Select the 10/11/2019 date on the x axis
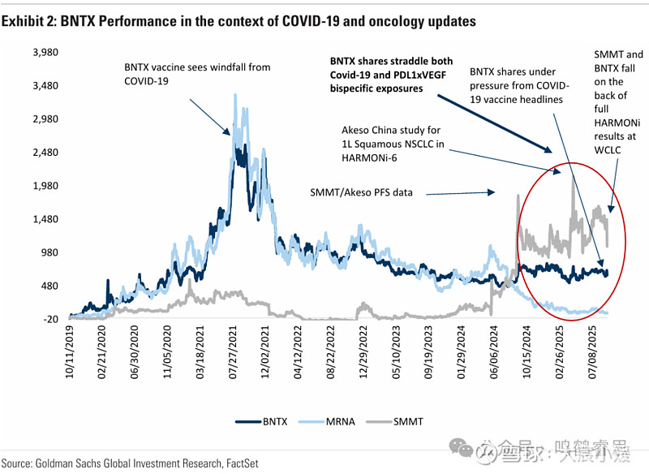click(73, 352)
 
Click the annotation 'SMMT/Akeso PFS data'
click(363, 193)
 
